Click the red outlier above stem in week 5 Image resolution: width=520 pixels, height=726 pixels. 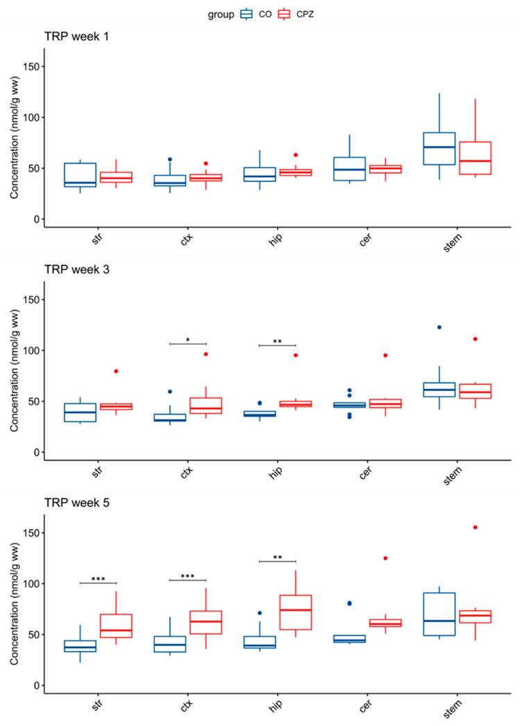(x=474, y=527)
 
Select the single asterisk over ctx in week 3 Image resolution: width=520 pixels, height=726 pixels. (x=188, y=340)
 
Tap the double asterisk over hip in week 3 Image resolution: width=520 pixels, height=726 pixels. (x=277, y=341)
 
